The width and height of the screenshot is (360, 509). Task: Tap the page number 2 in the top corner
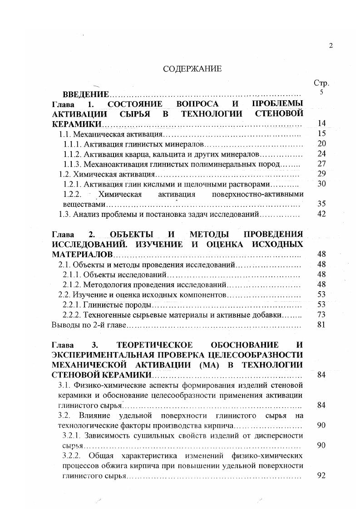(331, 45)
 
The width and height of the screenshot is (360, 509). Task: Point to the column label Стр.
(321, 83)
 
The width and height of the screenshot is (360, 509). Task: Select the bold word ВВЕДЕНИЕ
(86, 94)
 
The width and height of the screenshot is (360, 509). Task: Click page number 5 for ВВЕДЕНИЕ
(321, 93)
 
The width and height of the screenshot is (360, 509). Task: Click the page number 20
(321, 144)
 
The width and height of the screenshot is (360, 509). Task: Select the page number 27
(321, 164)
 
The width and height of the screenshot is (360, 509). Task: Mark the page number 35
(321, 204)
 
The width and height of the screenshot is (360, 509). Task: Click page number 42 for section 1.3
(321, 214)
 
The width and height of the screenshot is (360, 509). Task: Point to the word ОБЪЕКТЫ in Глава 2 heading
(131, 235)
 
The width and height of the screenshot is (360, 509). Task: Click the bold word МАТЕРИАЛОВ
(79, 254)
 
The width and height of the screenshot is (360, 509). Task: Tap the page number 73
(321, 314)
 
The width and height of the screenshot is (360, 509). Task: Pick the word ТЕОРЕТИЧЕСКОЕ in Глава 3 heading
(148, 346)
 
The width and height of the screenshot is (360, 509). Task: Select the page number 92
(321, 476)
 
